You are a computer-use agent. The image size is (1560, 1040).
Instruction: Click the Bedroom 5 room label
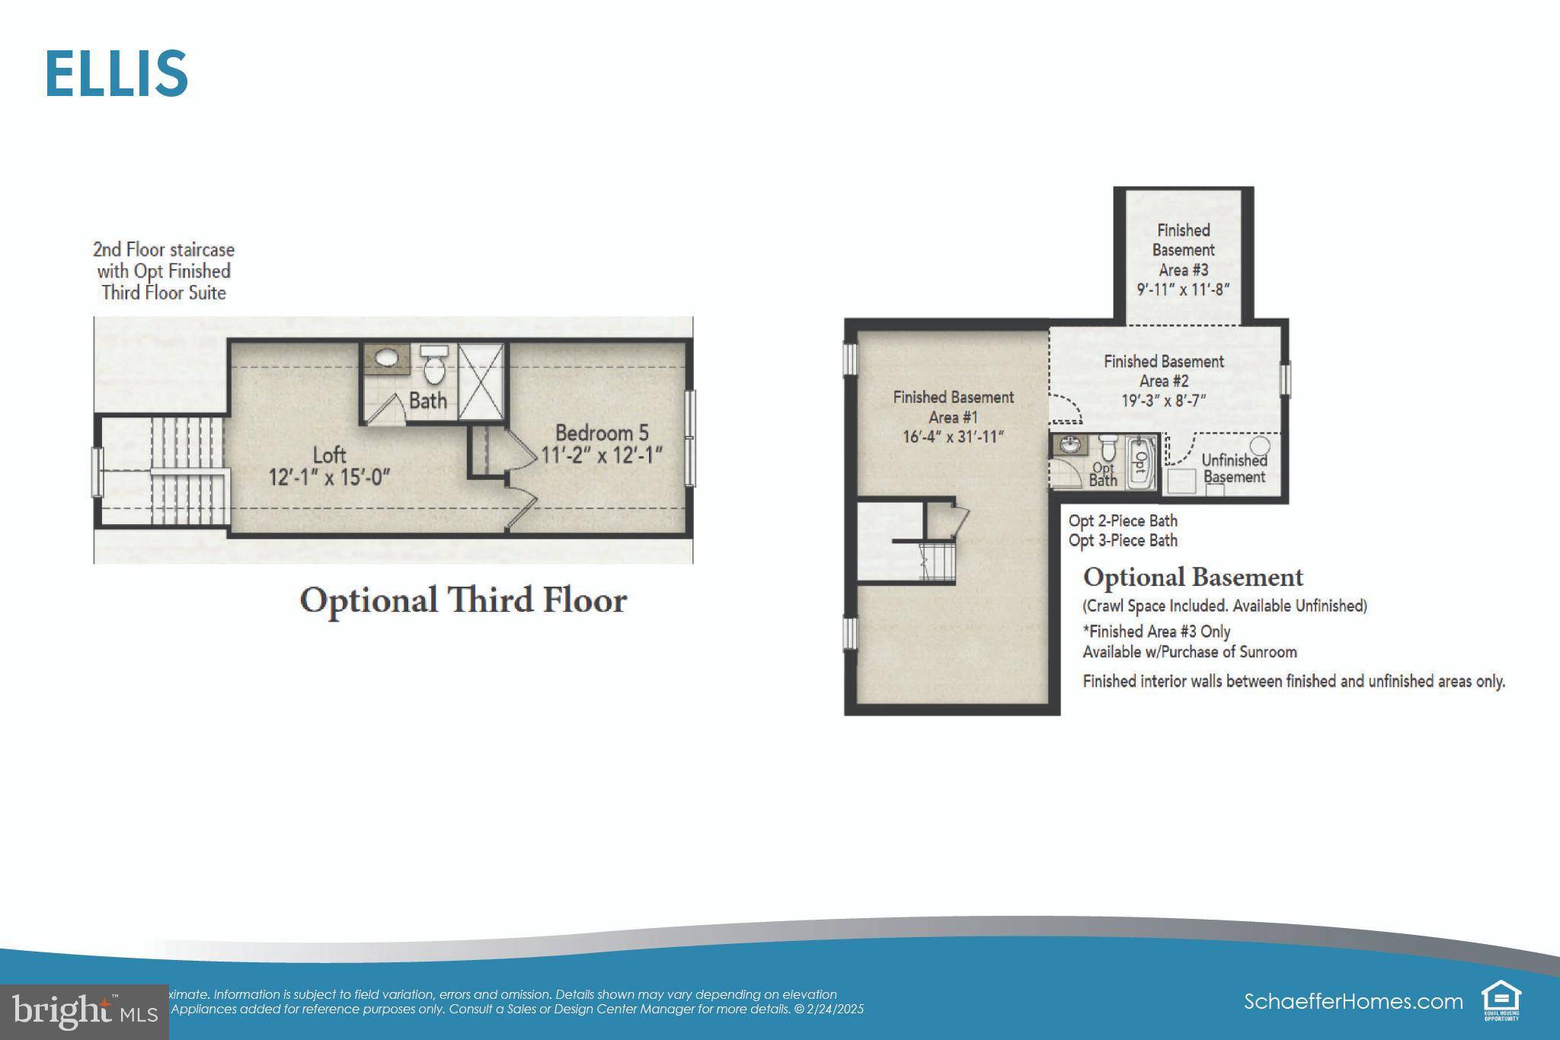602,433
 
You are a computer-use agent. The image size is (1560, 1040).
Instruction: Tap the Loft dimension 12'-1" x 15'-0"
329,478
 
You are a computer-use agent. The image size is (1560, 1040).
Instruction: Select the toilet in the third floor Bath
434,366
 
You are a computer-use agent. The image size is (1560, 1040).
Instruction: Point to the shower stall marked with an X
481,381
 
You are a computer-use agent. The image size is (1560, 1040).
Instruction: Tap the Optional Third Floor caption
463,600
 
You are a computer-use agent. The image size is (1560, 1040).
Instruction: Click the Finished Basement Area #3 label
1182,250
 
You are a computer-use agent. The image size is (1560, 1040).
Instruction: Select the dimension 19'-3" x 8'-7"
1163,401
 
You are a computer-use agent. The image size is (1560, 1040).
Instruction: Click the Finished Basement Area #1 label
953,407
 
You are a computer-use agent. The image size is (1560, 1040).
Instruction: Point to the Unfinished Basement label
1234,469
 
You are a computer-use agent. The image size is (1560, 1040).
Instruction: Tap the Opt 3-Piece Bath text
1123,541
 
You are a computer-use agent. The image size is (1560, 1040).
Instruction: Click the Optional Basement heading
1193,578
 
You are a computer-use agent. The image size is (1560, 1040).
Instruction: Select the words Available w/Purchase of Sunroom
1190,652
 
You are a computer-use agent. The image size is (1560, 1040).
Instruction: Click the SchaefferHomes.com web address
1353,1001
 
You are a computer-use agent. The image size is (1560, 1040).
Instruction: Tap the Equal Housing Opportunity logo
1501,1001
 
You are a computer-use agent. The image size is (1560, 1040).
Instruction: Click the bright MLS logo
85,1011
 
